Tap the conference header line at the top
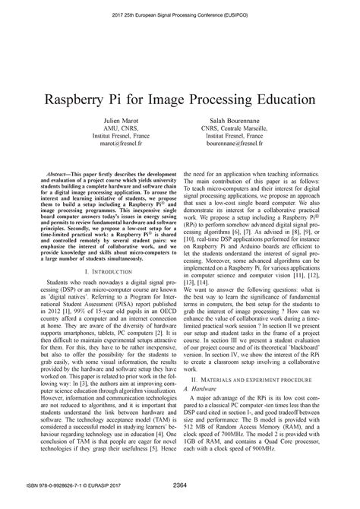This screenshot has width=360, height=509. click(180, 14)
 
